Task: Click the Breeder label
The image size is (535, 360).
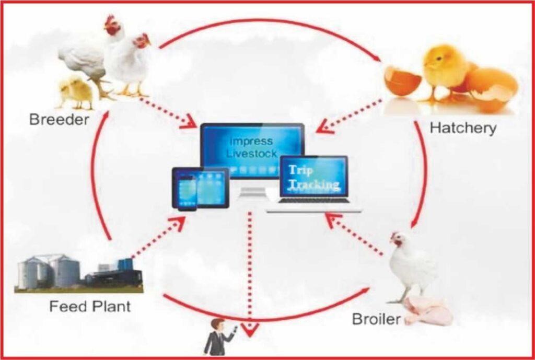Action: [59, 120]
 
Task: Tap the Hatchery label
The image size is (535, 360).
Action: [463, 129]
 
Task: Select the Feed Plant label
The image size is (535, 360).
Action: [90, 306]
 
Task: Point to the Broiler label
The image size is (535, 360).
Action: [376, 319]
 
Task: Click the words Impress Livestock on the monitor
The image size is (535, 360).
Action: [252, 147]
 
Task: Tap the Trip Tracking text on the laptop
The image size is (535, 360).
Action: [314, 178]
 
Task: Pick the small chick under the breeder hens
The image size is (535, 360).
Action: [76, 93]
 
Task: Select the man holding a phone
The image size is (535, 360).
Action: [219, 338]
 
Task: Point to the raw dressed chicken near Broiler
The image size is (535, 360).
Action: [428, 310]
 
